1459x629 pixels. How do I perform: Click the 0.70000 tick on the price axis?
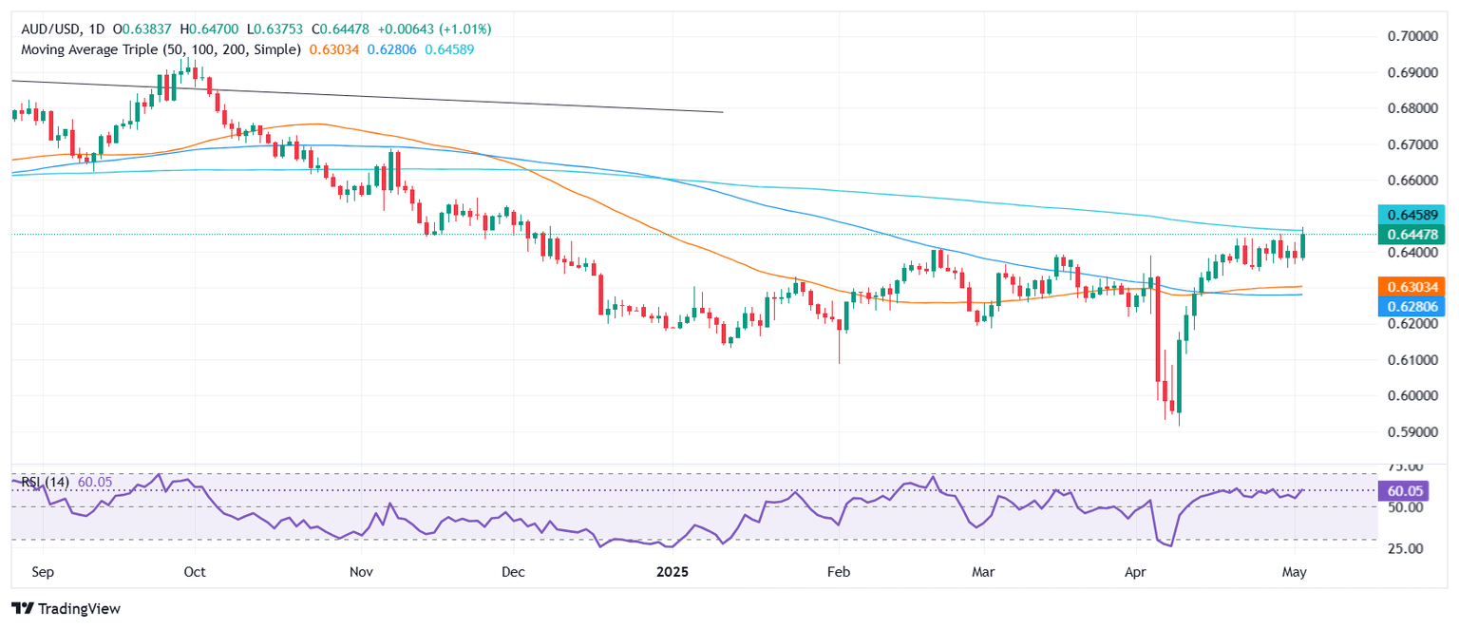pyautogui.click(x=1403, y=36)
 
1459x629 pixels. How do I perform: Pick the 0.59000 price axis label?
pyautogui.click(x=1403, y=432)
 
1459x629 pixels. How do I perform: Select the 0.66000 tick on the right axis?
pyautogui.click(x=1403, y=181)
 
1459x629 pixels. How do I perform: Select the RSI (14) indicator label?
pyautogui.click(x=43, y=483)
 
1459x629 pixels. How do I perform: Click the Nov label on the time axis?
pyautogui.click(x=361, y=574)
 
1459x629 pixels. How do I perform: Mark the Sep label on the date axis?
pyautogui.click(x=42, y=574)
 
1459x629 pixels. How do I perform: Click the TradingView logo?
pyautogui.click(x=66, y=608)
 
